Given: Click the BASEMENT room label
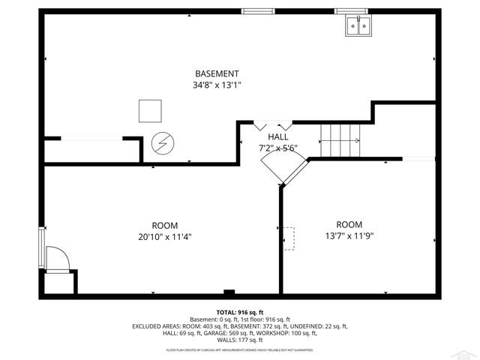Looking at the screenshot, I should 217,73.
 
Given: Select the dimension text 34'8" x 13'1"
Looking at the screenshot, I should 217,85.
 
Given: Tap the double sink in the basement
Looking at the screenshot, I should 357,27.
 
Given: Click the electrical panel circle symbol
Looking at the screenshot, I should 162,142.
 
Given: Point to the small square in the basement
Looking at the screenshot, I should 150,111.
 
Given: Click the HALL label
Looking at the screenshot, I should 278,137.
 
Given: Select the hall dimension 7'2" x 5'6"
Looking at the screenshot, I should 278,148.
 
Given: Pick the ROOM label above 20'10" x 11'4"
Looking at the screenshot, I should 164,225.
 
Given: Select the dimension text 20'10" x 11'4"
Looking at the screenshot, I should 164,236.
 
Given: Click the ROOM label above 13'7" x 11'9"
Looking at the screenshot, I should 349,224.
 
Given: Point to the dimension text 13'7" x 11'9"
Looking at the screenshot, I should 349,235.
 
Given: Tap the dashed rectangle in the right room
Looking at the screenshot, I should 289,238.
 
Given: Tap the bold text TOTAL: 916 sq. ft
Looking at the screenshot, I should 239,312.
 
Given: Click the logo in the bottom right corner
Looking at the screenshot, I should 466,351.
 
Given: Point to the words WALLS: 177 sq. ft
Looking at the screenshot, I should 239,340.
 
